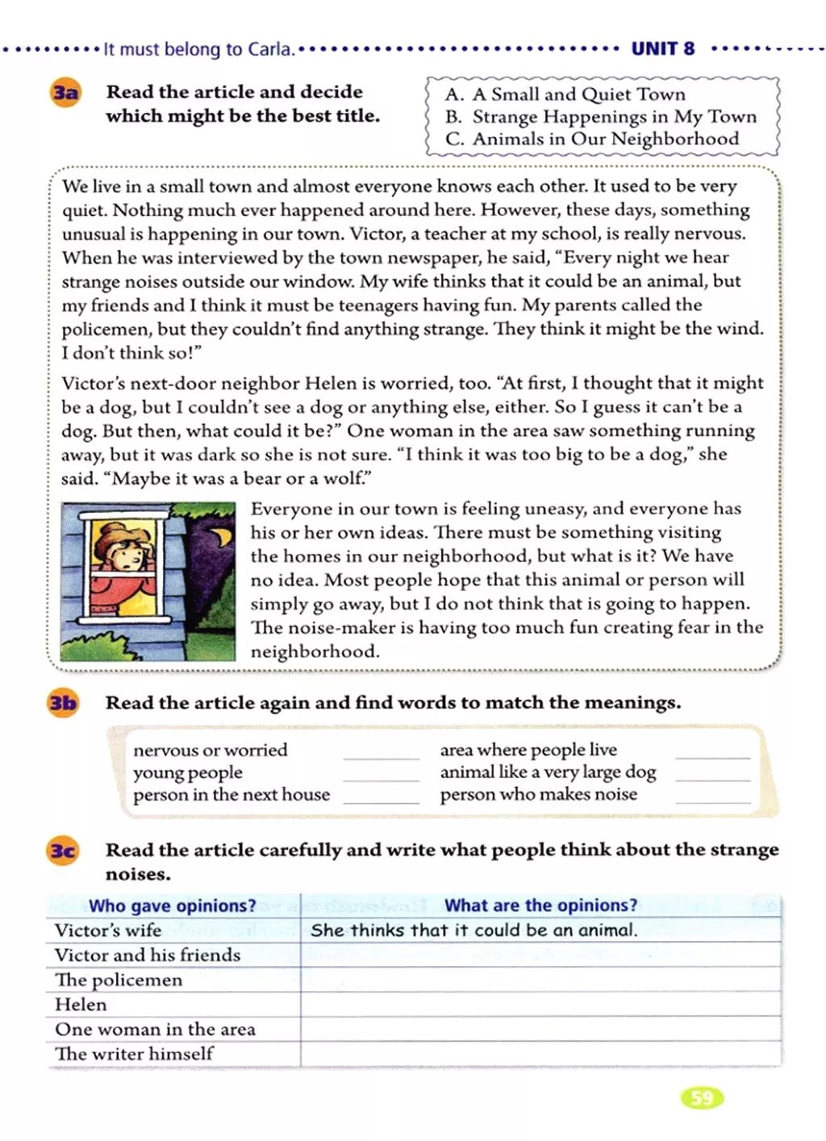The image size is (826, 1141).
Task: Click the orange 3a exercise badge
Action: pos(65,93)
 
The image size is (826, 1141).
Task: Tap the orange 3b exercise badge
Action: pos(63,703)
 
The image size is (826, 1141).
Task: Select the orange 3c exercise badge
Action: pos(63,851)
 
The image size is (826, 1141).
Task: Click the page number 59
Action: pos(702,1097)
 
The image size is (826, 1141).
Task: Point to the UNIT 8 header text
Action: pos(662,48)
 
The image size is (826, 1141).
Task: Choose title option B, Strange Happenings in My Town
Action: pos(601,117)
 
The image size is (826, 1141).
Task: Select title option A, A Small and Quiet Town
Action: pos(565,94)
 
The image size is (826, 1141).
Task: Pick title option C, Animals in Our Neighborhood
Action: pos(592,139)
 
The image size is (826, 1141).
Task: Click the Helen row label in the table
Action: pos(81,1005)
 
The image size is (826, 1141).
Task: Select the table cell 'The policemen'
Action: pos(119,980)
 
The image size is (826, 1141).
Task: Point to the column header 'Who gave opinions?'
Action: pos(172,906)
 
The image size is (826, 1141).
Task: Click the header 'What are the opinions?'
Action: pos(540,906)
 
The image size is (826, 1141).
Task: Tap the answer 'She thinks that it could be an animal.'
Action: pos(474,930)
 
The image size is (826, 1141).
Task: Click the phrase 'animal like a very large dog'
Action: pos(548,772)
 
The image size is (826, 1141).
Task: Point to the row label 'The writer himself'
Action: pos(134,1054)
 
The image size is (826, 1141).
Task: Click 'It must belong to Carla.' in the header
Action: pos(198,49)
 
